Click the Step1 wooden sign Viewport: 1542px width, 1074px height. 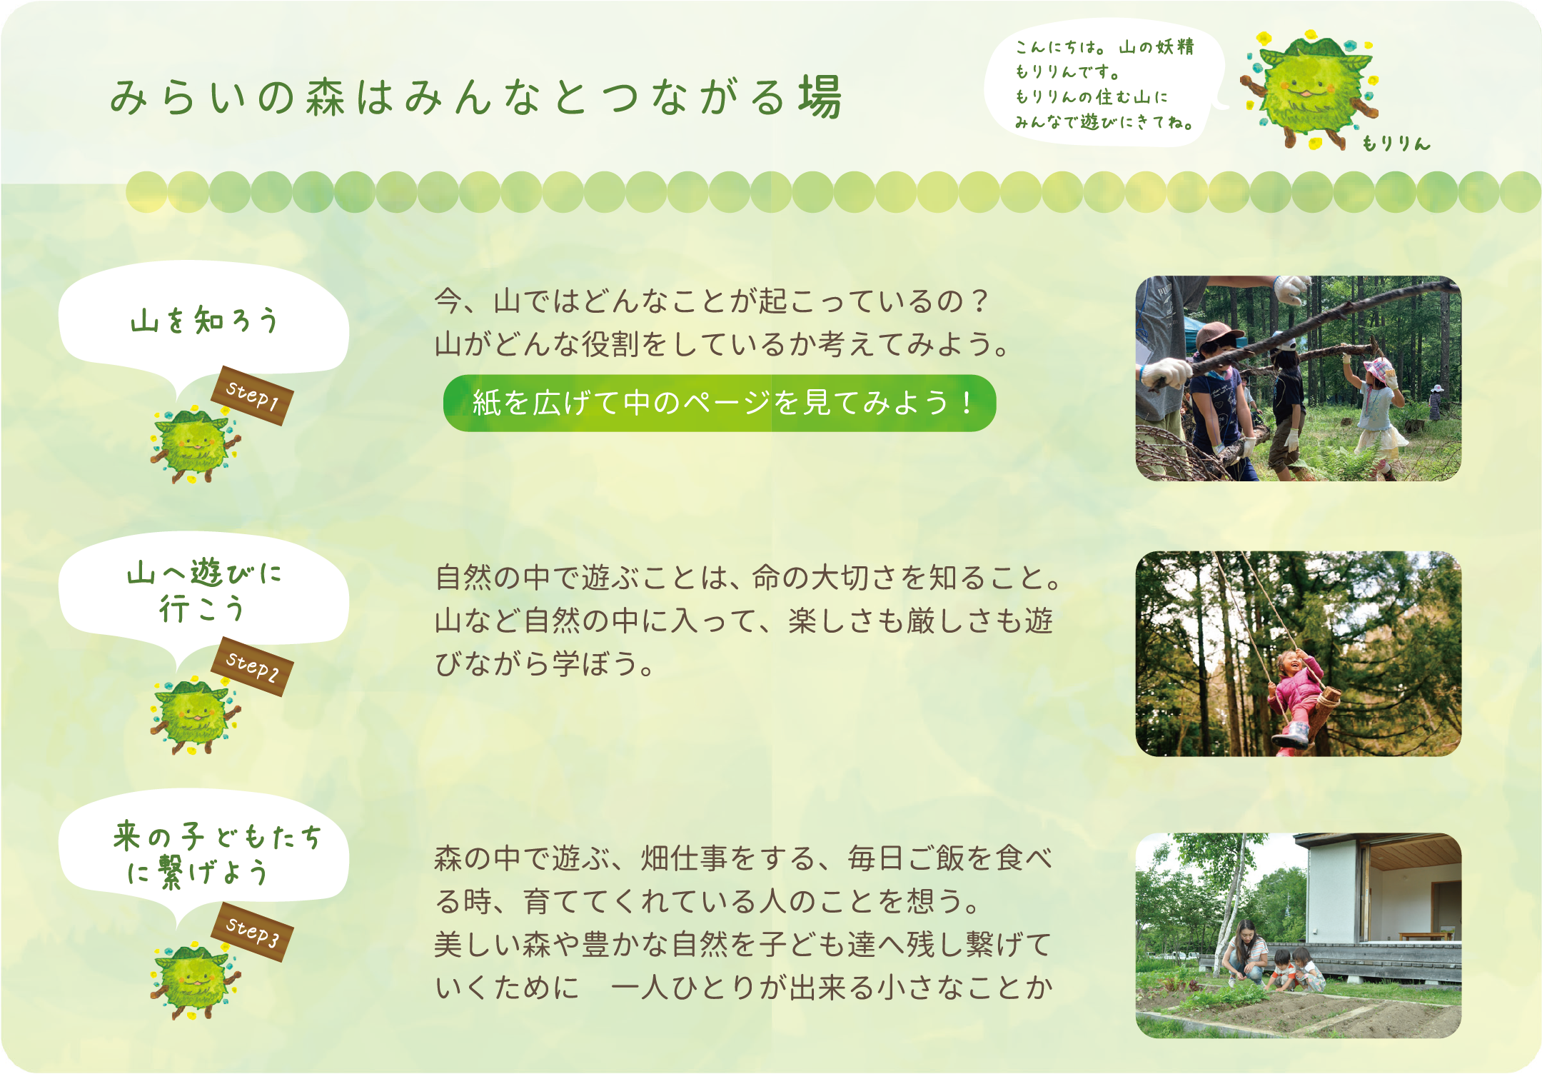click(x=252, y=396)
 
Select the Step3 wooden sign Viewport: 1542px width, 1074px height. click(x=252, y=931)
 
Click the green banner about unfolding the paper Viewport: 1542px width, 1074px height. click(x=720, y=403)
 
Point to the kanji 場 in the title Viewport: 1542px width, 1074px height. click(x=820, y=96)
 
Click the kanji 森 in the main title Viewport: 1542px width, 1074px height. click(x=326, y=97)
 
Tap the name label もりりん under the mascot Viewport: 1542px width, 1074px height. click(x=1396, y=144)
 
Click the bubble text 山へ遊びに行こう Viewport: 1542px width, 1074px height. click(x=204, y=591)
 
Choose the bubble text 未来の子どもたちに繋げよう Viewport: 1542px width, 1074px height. click(x=217, y=854)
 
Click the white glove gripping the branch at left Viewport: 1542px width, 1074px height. click(x=1165, y=373)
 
